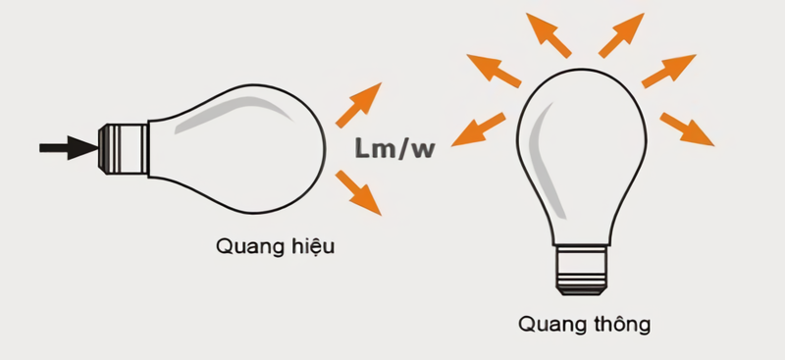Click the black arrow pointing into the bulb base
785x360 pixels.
click(67, 148)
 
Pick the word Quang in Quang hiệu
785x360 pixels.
click(241, 246)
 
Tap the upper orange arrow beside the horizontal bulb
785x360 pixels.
click(358, 105)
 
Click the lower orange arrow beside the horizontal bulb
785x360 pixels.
click(358, 191)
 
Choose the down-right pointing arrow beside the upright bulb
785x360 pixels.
click(686, 129)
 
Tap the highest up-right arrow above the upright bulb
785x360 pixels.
click(621, 34)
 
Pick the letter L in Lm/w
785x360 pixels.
click(362, 148)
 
